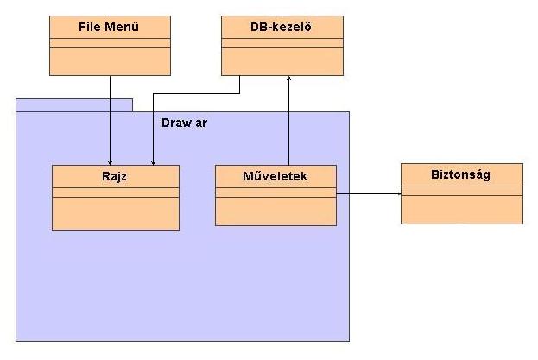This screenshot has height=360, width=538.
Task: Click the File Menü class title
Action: pos(111,27)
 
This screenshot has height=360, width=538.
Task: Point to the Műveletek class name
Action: pos(275,175)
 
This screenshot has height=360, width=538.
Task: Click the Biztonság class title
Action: pos(461,174)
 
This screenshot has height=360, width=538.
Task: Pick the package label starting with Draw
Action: pos(184,123)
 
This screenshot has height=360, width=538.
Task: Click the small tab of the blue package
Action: pos(74,105)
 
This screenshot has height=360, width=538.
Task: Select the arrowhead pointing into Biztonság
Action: pos(398,194)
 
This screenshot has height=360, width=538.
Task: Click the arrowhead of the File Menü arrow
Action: pos(111,161)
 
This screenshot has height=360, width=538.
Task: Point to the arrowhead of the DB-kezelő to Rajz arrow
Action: pos(153,161)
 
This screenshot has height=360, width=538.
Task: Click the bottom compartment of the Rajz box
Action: pos(116,213)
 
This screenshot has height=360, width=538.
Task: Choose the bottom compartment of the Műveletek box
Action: pos(275,212)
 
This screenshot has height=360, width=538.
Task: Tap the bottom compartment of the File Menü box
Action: pos(111,61)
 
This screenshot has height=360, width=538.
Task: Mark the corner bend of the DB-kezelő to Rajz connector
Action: pos(239,92)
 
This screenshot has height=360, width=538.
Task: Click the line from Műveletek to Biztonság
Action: pos(367,194)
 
